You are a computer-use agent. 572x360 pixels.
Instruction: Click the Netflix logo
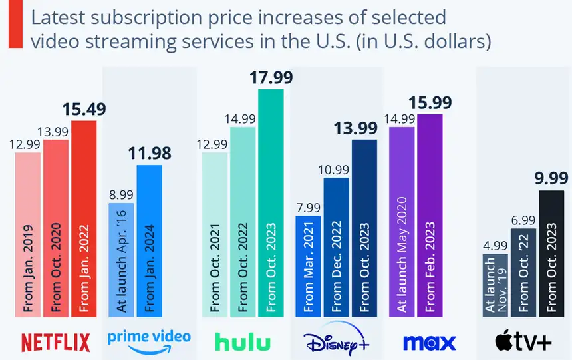pos(55,341)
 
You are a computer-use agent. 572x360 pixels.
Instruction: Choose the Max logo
pos(429,341)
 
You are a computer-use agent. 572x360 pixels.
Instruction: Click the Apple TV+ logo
pos(523,341)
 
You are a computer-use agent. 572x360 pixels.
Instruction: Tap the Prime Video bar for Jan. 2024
pos(149,240)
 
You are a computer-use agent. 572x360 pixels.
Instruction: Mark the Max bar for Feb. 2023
pos(429,213)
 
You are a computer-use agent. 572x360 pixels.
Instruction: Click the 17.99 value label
pos(271,78)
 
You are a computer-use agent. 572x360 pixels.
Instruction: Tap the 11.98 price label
pos(149,154)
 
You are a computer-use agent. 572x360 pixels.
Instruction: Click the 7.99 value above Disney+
pos(309,206)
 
